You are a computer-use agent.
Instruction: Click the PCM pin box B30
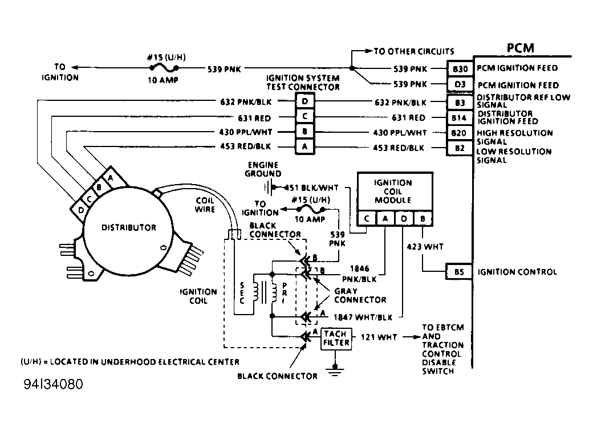point(460,68)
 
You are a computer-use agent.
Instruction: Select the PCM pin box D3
point(460,84)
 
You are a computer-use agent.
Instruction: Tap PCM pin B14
point(460,118)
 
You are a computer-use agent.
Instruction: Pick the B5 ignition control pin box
point(460,272)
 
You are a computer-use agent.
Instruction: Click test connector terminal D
point(304,102)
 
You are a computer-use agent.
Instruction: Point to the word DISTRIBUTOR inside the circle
point(128,227)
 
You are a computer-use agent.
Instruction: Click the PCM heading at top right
point(520,48)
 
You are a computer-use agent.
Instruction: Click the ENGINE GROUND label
point(263,169)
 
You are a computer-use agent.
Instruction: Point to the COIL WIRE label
point(205,205)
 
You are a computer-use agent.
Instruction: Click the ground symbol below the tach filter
point(335,371)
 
